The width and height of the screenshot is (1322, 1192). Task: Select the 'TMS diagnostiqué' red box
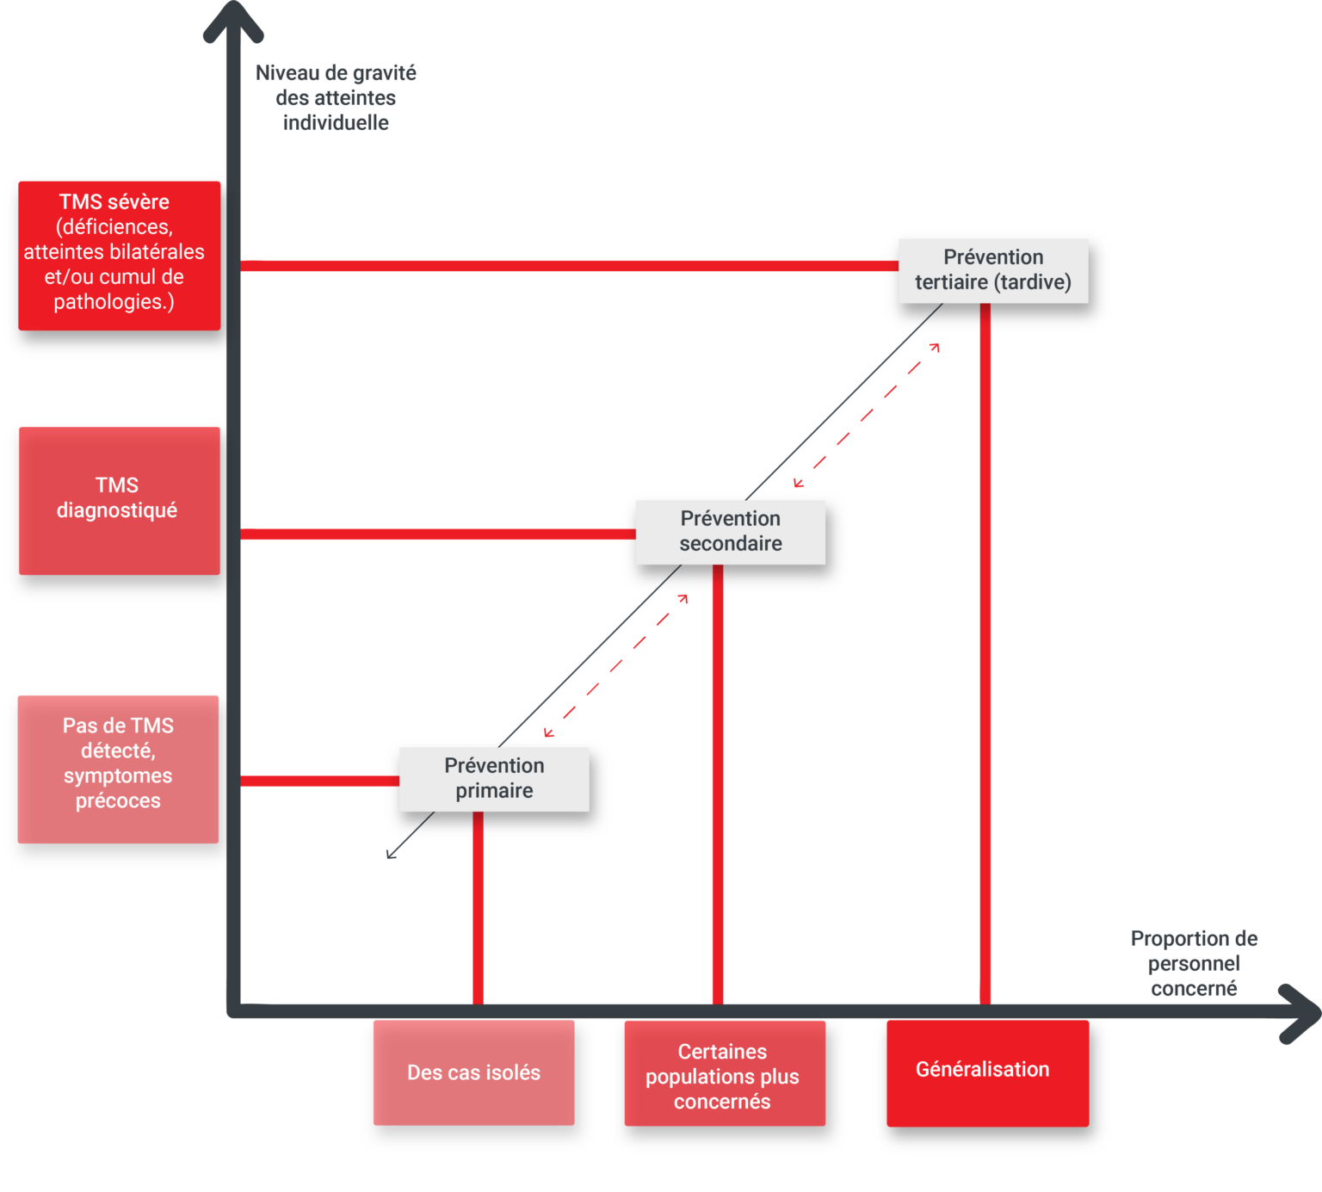pyautogui.click(x=119, y=500)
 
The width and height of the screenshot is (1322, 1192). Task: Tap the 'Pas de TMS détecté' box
pyautogui.click(x=118, y=768)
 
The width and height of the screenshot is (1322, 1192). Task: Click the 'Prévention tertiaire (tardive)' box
pyautogui.click(x=993, y=270)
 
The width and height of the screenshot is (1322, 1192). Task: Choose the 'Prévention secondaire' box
pyautogui.click(x=730, y=532)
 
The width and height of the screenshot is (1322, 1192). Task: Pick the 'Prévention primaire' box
pyautogui.click(x=494, y=779)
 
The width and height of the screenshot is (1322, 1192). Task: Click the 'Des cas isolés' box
pyautogui.click(x=473, y=1072)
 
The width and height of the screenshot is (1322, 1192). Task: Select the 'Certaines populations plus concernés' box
pyautogui.click(x=723, y=1076)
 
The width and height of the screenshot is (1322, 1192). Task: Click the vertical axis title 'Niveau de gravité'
pyautogui.click(x=336, y=98)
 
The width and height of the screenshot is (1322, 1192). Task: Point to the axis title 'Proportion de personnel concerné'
pyautogui.click(x=1194, y=964)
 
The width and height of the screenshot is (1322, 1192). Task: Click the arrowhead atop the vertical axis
pyautogui.click(x=232, y=22)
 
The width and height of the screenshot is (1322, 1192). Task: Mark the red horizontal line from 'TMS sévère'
pyautogui.click(x=568, y=266)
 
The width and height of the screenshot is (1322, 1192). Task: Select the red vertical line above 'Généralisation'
pyautogui.click(x=985, y=654)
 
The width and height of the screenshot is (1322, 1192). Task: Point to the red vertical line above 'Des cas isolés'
pyautogui.click(x=479, y=908)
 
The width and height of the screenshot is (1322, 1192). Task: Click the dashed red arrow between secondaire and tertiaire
pyautogui.click(x=867, y=415)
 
